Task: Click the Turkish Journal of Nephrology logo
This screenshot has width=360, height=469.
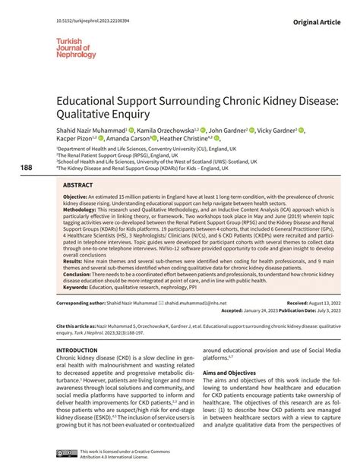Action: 74,45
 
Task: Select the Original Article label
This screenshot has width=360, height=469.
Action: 322,14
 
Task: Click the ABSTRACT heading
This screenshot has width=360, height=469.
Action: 78,184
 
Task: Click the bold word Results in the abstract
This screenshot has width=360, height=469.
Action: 73,260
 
